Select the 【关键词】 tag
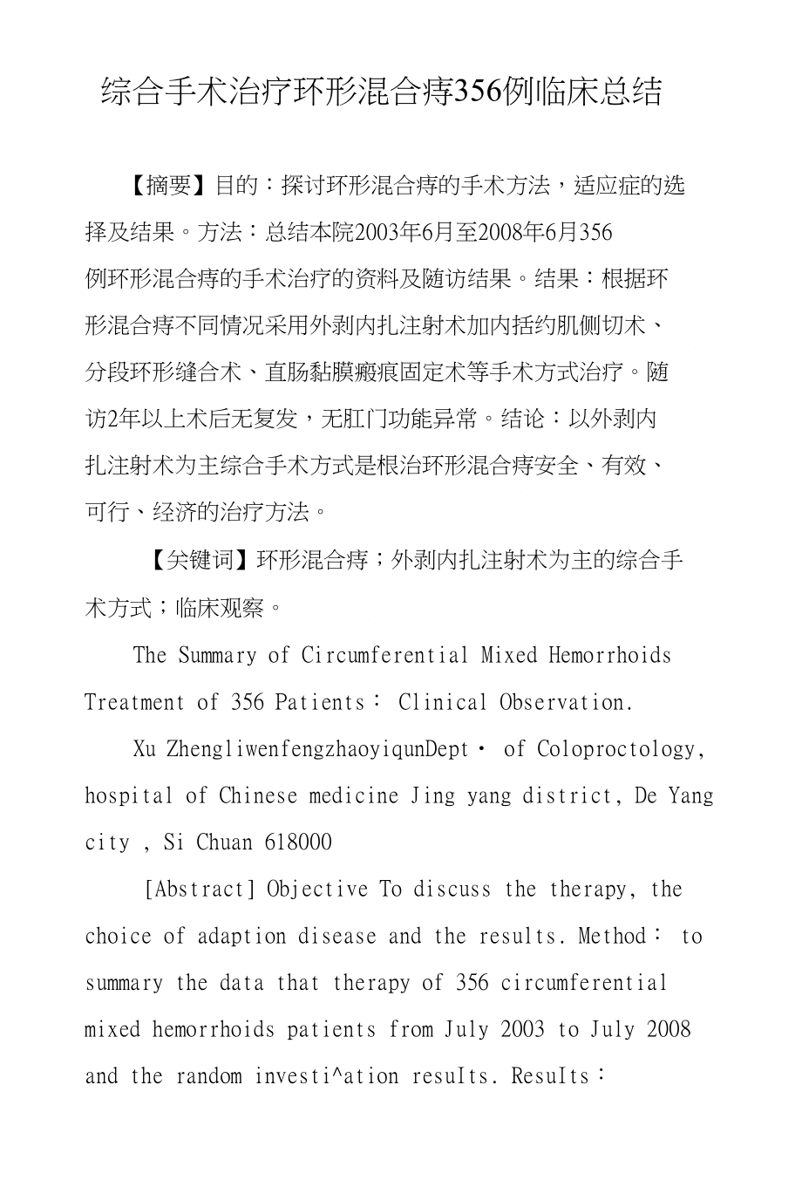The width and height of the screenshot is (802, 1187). pos(201,560)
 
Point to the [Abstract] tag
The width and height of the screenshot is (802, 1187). pos(200,890)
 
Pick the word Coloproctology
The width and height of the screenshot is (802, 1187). pos(621,749)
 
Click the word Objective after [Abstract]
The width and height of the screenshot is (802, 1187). pos(317,890)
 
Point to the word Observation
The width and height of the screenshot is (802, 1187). pos(566,702)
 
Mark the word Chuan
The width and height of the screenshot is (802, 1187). pos(225,842)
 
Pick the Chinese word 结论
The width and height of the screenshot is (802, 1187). pos(523,420)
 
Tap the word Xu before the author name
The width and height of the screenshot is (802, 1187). pos(145,749)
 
